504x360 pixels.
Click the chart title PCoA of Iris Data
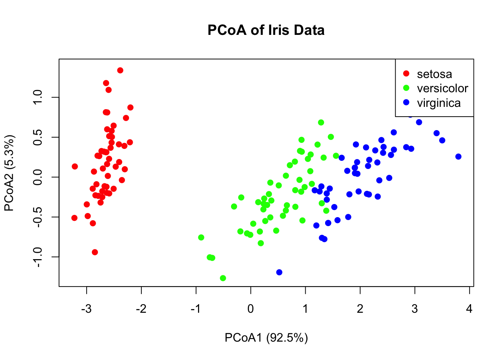coord(266,30)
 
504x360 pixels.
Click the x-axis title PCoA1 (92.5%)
coord(266,338)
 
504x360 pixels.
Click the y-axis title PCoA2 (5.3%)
coord(9,173)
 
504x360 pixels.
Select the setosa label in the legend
coord(434,74)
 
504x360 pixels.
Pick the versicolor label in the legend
coord(442,88)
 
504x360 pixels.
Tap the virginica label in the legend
coord(439,103)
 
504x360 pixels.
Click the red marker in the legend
coord(406,73)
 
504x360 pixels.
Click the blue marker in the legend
coord(406,102)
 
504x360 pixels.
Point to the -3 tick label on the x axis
coord(87,309)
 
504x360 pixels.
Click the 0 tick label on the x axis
coord(250,309)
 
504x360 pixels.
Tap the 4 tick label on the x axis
coord(469,309)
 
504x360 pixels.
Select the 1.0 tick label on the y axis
coord(38,97)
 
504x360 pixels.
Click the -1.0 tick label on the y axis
coord(38,257)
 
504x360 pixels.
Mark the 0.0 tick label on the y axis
coord(38,177)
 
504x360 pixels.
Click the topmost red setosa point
coord(120,70)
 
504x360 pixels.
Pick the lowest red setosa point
coord(95,252)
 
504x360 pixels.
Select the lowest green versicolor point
coord(223,278)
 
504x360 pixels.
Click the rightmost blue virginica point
coord(458,157)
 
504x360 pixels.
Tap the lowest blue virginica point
coord(279,272)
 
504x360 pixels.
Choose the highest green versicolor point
coord(321,123)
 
